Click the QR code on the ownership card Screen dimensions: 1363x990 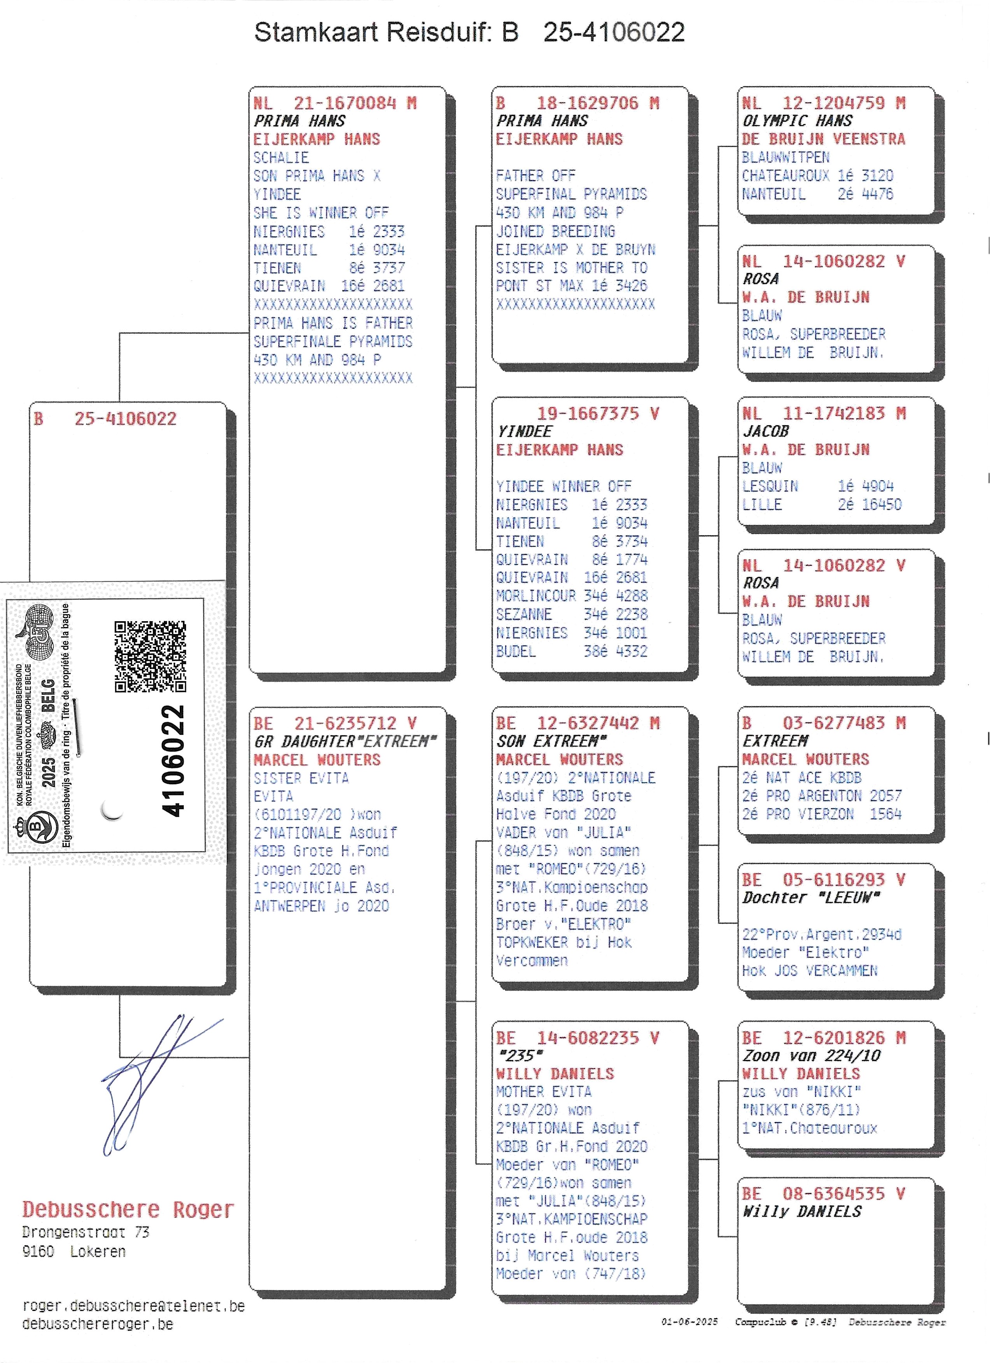click(150, 656)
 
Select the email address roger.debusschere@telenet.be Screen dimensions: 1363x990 click(133, 1306)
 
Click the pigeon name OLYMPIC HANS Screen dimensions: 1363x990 click(797, 121)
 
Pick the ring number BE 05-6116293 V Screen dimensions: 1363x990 click(823, 880)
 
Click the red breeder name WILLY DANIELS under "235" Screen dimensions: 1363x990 click(555, 1073)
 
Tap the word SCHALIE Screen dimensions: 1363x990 click(281, 158)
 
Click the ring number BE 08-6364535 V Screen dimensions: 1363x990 click(823, 1193)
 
